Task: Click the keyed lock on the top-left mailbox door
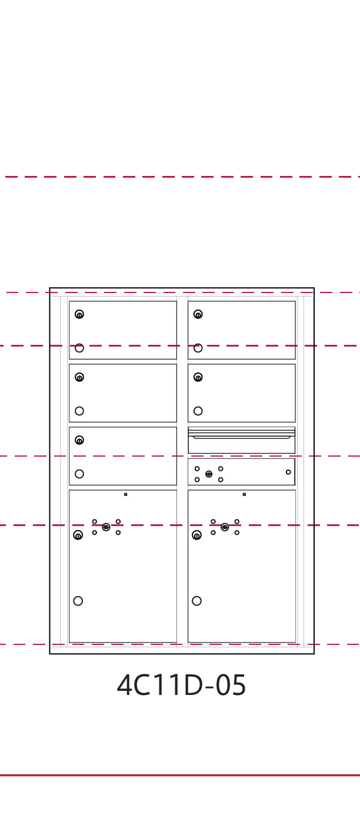click(79, 314)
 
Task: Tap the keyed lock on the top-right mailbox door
click(198, 314)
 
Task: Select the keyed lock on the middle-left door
click(79, 377)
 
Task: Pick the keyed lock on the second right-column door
click(198, 377)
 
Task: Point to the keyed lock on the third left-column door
click(79, 440)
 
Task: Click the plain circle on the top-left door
click(79, 348)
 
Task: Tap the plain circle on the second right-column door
click(198, 411)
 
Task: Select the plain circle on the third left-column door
click(79, 474)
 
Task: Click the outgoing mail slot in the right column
click(241, 436)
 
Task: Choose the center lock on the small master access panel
click(209, 474)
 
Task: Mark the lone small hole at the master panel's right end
click(288, 472)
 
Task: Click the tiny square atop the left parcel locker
click(125, 494)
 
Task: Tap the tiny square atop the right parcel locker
click(244, 494)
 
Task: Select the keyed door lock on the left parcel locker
click(78, 535)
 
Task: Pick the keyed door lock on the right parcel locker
click(197, 535)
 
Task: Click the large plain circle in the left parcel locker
click(78, 601)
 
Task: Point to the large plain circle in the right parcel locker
click(197, 601)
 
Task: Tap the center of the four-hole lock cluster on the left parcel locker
click(106, 527)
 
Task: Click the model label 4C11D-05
click(181, 686)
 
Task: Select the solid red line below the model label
click(180, 775)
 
